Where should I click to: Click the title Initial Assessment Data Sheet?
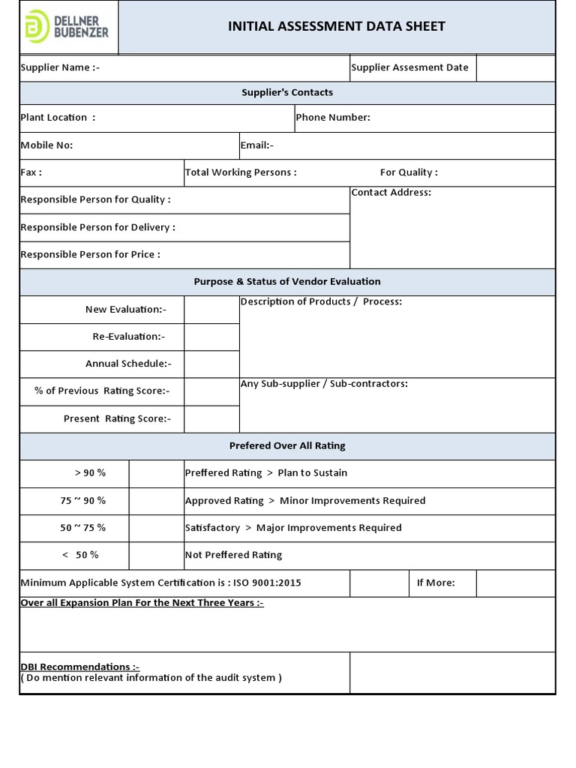pos(336,27)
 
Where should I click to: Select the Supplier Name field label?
pos(60,67)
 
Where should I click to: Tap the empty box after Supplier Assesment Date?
pos(515,67)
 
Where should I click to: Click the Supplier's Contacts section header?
pos(287,93)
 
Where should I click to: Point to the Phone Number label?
pos(333,118)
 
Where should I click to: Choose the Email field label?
pos(257,145)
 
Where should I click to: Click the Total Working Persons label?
pos(241,172)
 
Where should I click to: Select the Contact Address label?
pos(391,193)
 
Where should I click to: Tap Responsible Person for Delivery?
pos(98,227)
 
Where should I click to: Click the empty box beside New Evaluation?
pos(211,310)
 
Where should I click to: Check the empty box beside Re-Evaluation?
pos(211,337)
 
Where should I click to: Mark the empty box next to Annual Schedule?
pos(211,364)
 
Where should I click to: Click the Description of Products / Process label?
pos(321,302)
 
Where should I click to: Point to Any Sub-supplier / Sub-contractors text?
pos(324,384)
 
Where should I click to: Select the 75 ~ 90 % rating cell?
pos(83,501)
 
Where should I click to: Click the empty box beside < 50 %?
pos(156,556)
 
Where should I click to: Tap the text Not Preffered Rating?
pos(233,556)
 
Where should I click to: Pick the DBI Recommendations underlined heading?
pos(79,667)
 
